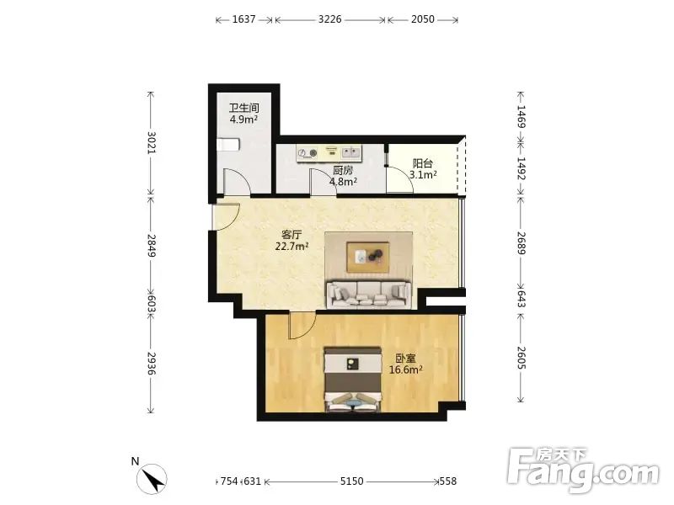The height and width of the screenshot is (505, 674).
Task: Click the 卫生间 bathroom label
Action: click(x=243, y=108)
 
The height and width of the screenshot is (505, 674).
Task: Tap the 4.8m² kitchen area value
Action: click(x=343, y=182)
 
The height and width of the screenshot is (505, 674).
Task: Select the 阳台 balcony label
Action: click(x=423, y=163)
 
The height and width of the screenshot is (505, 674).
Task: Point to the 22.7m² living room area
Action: click(x=292, y=247)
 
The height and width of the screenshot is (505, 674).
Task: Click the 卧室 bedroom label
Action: click(x=405, y=359)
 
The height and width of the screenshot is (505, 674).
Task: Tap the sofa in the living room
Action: click(x=369, y=294)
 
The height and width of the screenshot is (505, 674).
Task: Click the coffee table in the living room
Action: click(x=368, y=258)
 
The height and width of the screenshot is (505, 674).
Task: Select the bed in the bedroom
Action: click(x=353, y=380)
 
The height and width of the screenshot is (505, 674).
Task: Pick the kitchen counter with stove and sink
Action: click(x=329, y=153)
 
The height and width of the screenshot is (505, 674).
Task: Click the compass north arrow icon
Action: click(x=152, y=479)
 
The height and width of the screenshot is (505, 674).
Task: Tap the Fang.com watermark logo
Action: click(x=582, y=470)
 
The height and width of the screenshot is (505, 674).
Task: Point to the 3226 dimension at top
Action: click(x=329, y=19)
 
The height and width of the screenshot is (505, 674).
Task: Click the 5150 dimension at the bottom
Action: click(x=351, y=481)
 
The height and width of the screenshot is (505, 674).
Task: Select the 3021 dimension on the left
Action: click(x=151, y=142)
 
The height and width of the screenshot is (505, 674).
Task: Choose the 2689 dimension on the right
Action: click(x=521, y=243)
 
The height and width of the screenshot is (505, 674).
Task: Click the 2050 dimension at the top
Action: click(x=423, y=19)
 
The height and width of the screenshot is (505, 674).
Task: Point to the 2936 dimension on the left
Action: click(x=151, y=364)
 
